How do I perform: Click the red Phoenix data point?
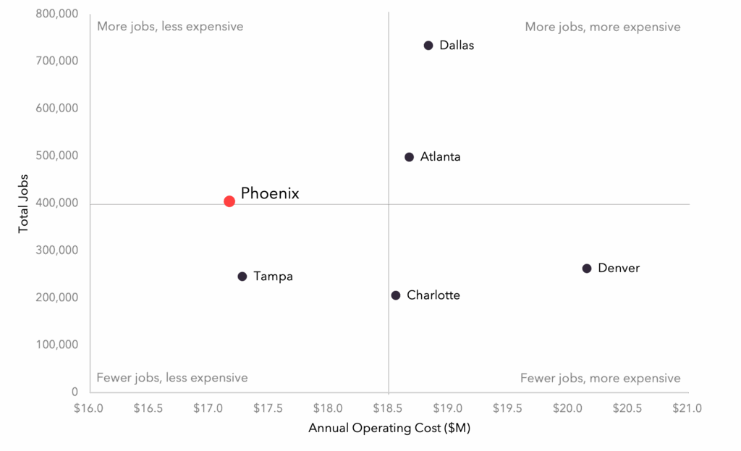coord(229,201)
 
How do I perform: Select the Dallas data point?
coord(428,46)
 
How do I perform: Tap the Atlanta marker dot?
coord(410,157)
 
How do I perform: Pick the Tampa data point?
coord(242,277)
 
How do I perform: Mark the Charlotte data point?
coord(396,295)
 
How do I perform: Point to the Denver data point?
coord(587,269)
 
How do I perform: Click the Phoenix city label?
coord(270,193)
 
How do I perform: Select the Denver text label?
coord(619,269)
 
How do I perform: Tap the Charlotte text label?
coord(433,295)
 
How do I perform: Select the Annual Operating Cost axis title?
coord(389,429)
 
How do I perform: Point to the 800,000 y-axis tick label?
coord(56,14)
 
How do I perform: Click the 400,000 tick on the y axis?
coord(56,203)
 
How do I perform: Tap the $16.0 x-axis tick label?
coord(89,408)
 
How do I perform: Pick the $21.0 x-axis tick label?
coord(687,408)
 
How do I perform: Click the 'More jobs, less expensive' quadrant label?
coord(170,27)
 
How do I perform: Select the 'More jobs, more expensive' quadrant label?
coord(603,28)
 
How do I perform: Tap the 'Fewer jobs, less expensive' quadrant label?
coord(172,378)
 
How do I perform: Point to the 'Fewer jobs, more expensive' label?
coord(601,378)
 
